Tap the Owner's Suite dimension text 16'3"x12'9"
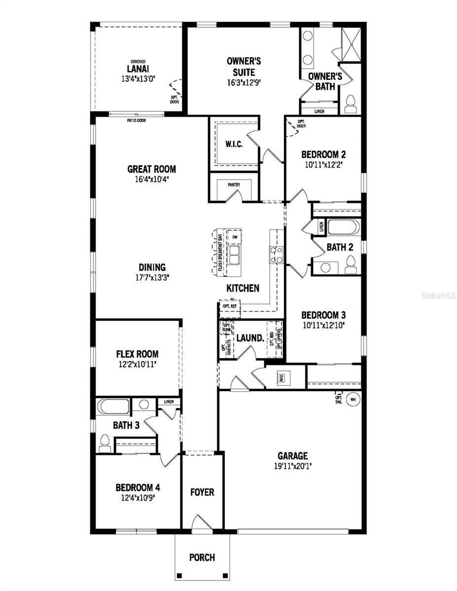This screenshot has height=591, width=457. (x=244, y=83)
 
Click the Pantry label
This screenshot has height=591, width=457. (x=234, y=185)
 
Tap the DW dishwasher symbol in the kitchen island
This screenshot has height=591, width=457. (x=235, y=238)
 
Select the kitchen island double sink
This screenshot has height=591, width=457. (x=233, y=256)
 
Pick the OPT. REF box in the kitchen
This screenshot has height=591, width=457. (x=230, y=306)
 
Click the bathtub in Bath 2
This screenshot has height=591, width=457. (x=344, y=228)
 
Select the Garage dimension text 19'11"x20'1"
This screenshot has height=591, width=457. (x=292, y=465)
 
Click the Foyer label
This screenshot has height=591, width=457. (x=202, y=492)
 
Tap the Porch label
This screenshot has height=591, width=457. (x=202, y=558)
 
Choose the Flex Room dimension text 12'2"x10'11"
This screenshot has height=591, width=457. (x=137, y=364)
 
